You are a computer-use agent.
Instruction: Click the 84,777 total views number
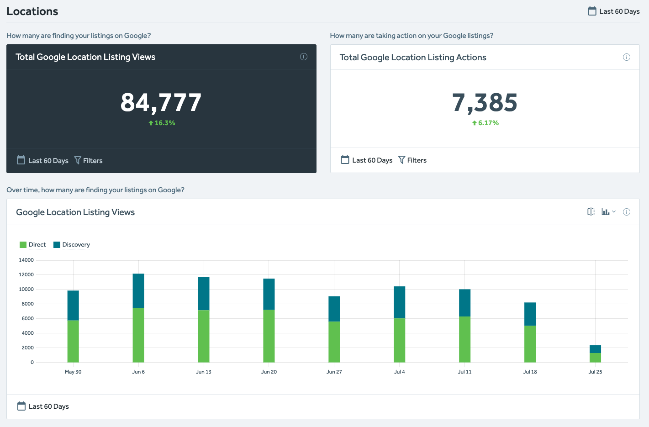[161, 102]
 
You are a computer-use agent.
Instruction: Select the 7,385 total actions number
[485, 102]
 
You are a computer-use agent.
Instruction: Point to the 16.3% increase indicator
[162, 123]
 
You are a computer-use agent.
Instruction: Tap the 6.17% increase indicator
[485, 123]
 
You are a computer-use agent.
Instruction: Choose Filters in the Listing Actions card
[412, 160]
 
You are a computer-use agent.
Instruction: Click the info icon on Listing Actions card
[627, 57]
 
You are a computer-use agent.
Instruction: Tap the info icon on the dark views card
[304, 57]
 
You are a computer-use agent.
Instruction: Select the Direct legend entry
[33, 245]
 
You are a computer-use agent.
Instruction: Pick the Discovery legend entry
[72, 245]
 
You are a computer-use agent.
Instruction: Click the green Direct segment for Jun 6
[138, 335]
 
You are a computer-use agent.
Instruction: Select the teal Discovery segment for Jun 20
[269, 294]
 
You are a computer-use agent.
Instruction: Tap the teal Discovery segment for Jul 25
[595, 349]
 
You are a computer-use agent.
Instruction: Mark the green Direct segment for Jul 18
[530, 343]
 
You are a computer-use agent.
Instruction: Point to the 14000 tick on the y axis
[26, 260]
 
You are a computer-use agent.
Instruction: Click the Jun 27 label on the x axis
[334, 372]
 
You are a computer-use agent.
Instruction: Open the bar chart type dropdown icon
[608, 212]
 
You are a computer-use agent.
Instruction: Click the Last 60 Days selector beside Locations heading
[614, 11]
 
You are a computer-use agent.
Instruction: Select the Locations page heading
[32, 11]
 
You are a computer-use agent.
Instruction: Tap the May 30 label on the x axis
[73, 372]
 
